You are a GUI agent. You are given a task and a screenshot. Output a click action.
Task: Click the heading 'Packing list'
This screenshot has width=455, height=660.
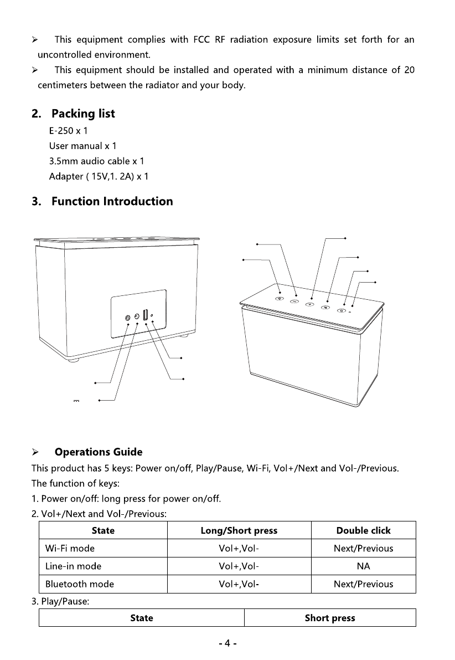click(83, 114)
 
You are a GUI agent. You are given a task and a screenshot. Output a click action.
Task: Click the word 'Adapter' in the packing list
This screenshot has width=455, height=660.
click(65, 177)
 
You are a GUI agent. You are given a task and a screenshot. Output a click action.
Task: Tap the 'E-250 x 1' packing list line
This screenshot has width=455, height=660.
click(69, 131)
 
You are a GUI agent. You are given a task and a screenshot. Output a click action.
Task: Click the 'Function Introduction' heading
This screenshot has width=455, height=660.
click(112, 201)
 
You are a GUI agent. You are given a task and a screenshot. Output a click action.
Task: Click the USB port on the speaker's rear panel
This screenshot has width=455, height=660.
click(145, 315)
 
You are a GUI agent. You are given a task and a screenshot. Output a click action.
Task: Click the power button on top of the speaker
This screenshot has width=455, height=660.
click(341, 310)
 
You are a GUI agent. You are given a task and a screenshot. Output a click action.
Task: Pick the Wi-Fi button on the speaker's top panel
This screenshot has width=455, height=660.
click(280, 299)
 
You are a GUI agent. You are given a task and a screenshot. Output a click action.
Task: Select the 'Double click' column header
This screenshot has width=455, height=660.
click(363, 530)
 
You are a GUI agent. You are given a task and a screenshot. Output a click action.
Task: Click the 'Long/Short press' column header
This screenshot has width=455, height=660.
click(239, 530)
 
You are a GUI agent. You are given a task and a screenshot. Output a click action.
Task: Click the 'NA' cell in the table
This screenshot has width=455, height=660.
click(363, 566)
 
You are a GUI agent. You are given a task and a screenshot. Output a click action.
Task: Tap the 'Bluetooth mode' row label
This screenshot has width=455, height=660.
click(80, 584)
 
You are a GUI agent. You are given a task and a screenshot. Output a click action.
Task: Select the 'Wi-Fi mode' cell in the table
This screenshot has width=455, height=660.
click(70, 549)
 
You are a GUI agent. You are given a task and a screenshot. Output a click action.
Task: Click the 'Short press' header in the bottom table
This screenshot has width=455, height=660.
click(330, 618)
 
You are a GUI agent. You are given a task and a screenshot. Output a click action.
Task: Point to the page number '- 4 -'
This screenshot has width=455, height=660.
click(228, 644)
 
